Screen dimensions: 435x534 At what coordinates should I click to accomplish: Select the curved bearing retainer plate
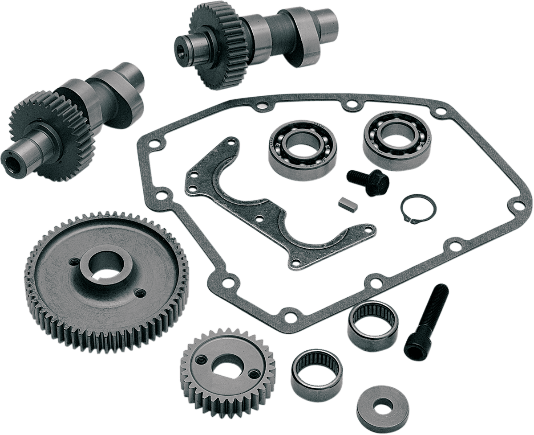267,209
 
